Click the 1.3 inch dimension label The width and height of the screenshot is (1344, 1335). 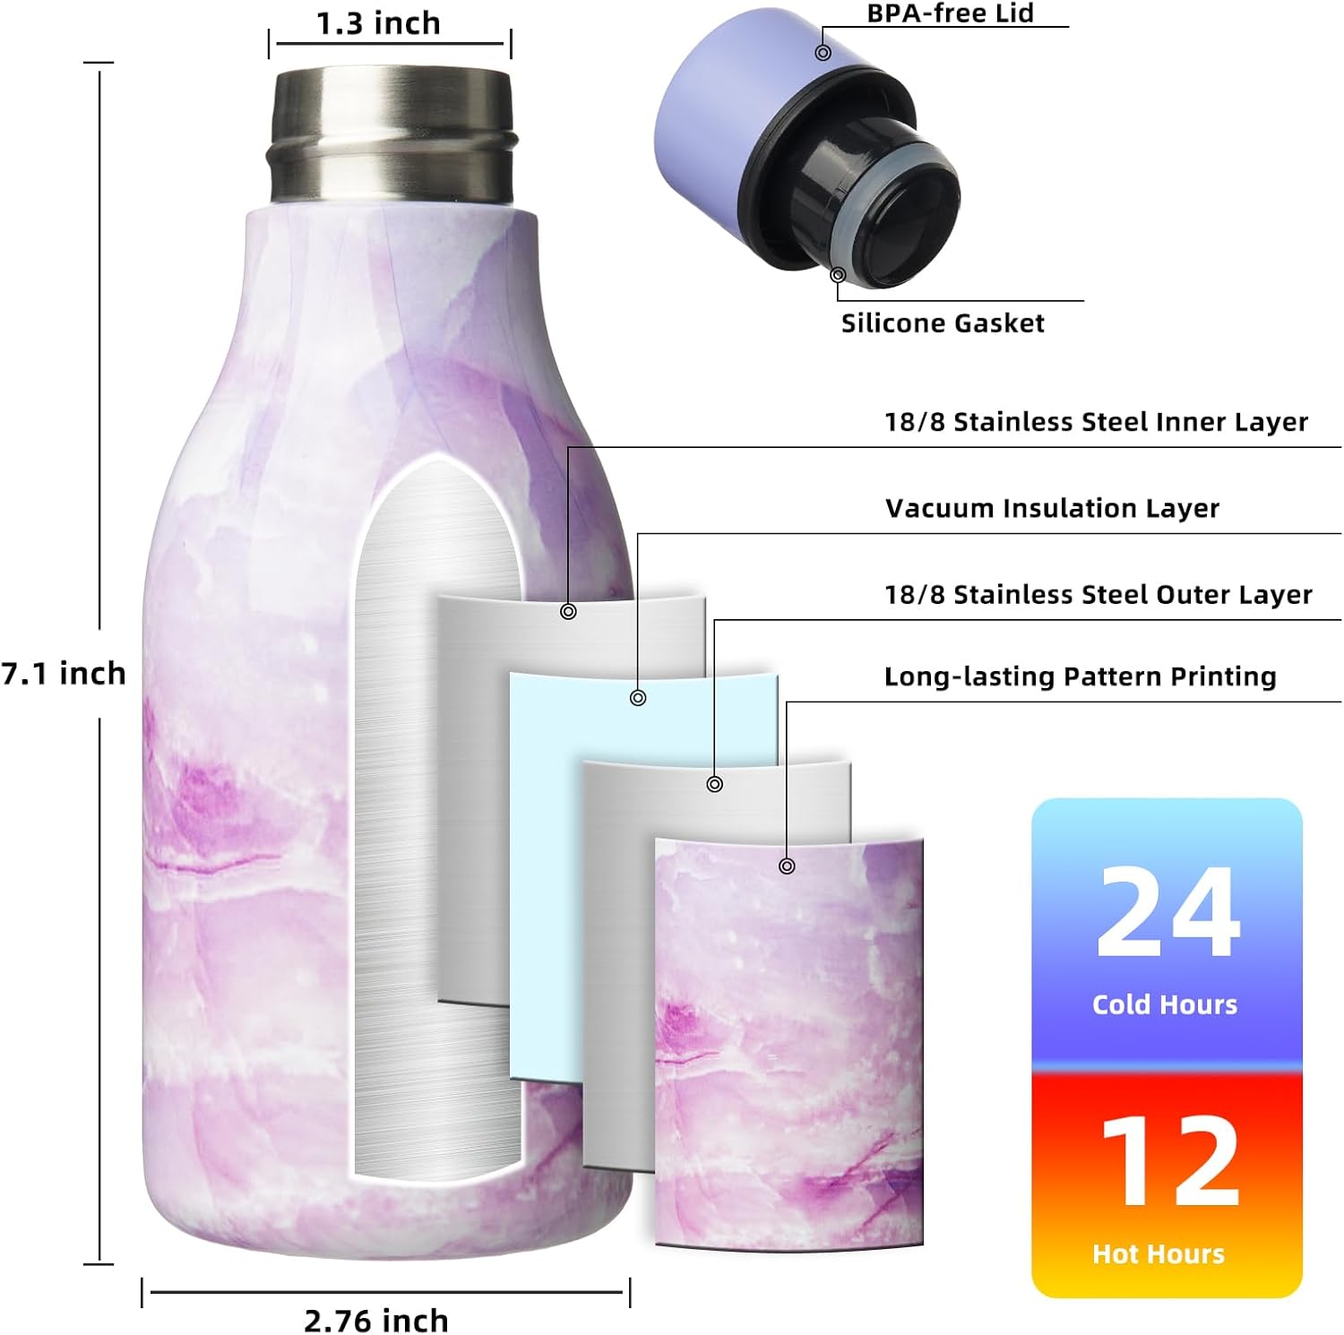[378, 23]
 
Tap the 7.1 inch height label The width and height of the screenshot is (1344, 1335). [64, 673]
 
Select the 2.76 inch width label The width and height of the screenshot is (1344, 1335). [375, 1320]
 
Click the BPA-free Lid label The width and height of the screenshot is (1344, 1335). [950, 13]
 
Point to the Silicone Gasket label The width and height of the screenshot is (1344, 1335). [943, 323]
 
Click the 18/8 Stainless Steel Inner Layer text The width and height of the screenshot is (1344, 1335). [1096, 422]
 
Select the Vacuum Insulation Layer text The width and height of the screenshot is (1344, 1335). [1052, 508]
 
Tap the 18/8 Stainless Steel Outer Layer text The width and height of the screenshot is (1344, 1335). [1098, 594]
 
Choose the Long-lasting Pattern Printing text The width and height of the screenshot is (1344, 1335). [1080, 676]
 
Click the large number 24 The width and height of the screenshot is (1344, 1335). [1167, 913]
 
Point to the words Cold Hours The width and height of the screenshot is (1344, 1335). [1165, 1004]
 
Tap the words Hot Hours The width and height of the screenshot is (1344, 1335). [1159, 1253]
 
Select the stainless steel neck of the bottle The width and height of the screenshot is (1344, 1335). [392, 134]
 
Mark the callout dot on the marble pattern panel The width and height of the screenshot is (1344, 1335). [787, 866]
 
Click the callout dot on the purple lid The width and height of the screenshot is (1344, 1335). [823, 53]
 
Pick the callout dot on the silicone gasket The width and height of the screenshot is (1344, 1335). [838, 275]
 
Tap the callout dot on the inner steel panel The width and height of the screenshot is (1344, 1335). [568, 611]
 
